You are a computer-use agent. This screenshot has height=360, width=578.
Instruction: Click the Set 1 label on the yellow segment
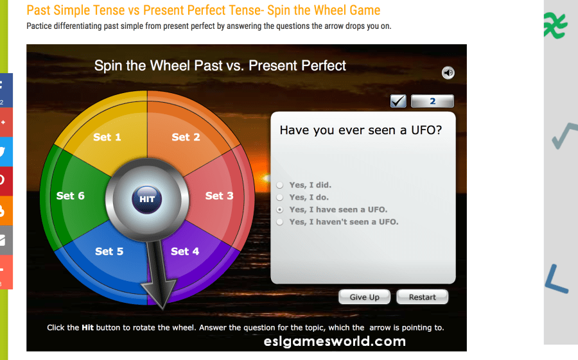point(107,137)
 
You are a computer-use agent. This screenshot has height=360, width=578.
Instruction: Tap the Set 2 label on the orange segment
point(186,137)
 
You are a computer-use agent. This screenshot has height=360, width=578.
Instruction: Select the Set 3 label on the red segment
point(220,196)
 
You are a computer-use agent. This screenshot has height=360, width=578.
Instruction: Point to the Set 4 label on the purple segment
point(185,252)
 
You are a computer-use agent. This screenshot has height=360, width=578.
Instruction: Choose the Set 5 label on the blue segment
point(109,252)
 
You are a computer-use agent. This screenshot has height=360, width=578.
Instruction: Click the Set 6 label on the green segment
point(71,196)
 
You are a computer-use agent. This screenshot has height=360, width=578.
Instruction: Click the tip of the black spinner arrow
point(162,309)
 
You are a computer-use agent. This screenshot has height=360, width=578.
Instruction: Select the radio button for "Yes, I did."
point(280,185)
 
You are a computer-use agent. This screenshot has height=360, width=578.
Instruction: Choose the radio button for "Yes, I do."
point(280,198)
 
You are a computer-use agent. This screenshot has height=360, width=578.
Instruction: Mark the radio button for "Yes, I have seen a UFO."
point(280,210)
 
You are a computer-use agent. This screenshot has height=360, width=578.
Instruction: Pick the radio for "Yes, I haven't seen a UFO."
point(280,222)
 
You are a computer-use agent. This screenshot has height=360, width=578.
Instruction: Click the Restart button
point(423,297)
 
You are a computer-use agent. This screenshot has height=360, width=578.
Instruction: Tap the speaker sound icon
point(448,73)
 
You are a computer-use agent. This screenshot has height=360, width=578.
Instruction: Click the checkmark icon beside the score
point(398,101)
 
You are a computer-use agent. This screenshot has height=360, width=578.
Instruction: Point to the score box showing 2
point(432,101)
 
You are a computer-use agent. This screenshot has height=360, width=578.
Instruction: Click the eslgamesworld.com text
point(335,341)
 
